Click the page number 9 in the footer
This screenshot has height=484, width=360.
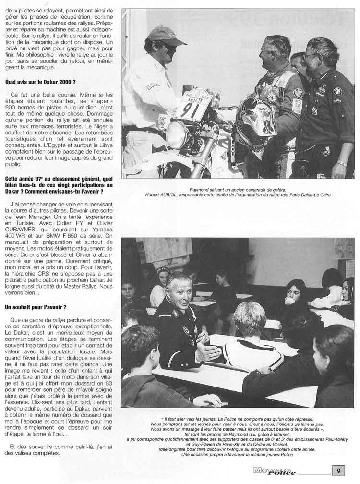tap(338, 471)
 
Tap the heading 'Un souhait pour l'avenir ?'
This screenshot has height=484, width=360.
tap(36, 306)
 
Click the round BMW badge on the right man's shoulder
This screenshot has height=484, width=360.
tap(338, 91)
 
